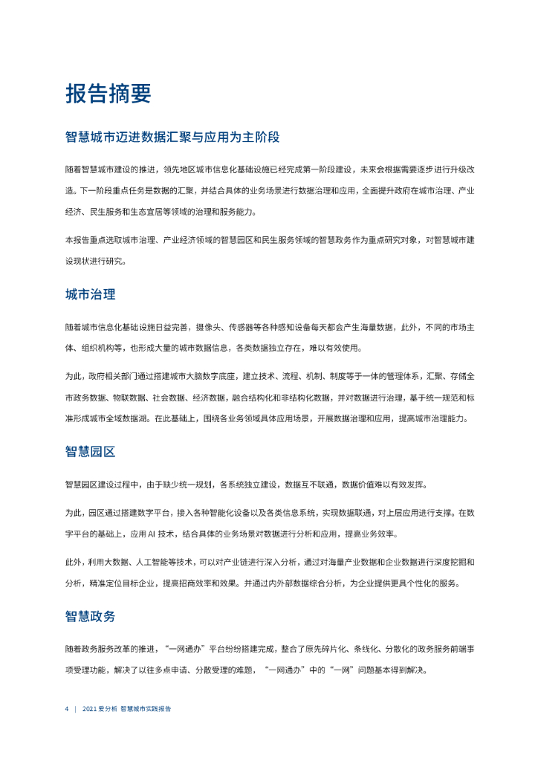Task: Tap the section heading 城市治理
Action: point(90,294)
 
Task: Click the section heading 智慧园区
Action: point(90,452)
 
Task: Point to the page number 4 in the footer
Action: point(66,709)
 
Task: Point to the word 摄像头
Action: point(208,326)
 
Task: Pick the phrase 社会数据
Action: point(170,398)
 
